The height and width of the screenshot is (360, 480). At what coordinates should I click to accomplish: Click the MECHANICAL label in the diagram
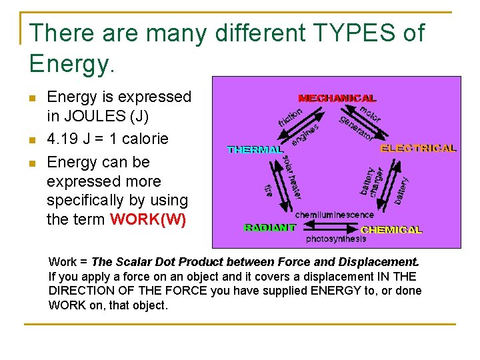tap(337, 98)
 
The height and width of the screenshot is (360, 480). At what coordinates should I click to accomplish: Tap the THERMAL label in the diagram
tap(255, 150)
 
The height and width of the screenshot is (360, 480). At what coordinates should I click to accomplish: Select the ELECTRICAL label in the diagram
tap(418, 148)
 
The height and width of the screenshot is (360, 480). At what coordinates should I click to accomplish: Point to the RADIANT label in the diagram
tap(270, 227)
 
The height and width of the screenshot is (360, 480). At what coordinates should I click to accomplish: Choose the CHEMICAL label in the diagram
tap(391, 229)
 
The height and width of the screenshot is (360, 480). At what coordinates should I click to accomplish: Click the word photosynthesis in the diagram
tap(336, 239)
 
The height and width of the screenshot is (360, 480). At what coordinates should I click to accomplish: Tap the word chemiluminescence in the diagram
tap(334, 215)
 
